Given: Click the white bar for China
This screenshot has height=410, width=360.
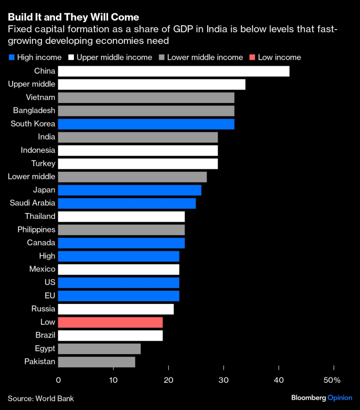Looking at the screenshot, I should click(x=173, y=71).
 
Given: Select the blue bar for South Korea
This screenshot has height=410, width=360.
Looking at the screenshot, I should click(x=146, y=124).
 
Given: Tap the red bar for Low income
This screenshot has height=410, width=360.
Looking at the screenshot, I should click(x=110, y=322).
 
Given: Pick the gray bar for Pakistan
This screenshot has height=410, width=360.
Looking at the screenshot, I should click(x=96, y=362).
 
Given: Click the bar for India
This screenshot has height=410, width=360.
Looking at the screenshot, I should click(x=138, y=137).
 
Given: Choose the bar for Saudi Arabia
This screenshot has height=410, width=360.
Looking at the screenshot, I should click(x=126, y=203).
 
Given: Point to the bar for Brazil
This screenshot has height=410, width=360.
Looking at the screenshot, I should click(x=110, y=336).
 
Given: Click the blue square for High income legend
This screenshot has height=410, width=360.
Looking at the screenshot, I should click(x=12, y=57).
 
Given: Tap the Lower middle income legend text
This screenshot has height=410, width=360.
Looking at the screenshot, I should click(x=205, y=57).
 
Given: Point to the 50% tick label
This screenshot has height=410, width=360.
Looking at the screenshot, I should click(x=333, y=380).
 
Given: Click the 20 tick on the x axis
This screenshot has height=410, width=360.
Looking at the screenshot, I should click(x=168, y=380).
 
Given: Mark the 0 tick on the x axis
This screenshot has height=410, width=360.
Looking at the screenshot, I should click(x=58, y=380).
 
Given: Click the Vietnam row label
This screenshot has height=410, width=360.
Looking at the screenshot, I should click(x=41, y=97).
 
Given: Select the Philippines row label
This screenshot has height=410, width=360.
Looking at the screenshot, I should click(x=36, y=230).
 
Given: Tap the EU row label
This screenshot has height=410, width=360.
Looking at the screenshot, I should click(x=50, y=296).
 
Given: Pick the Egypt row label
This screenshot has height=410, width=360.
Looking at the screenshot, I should click(x=45, y=348).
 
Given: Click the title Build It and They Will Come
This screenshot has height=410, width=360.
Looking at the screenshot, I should click(x=73, y=18).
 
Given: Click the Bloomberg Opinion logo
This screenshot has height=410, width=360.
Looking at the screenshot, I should click(x=322, y=398).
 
